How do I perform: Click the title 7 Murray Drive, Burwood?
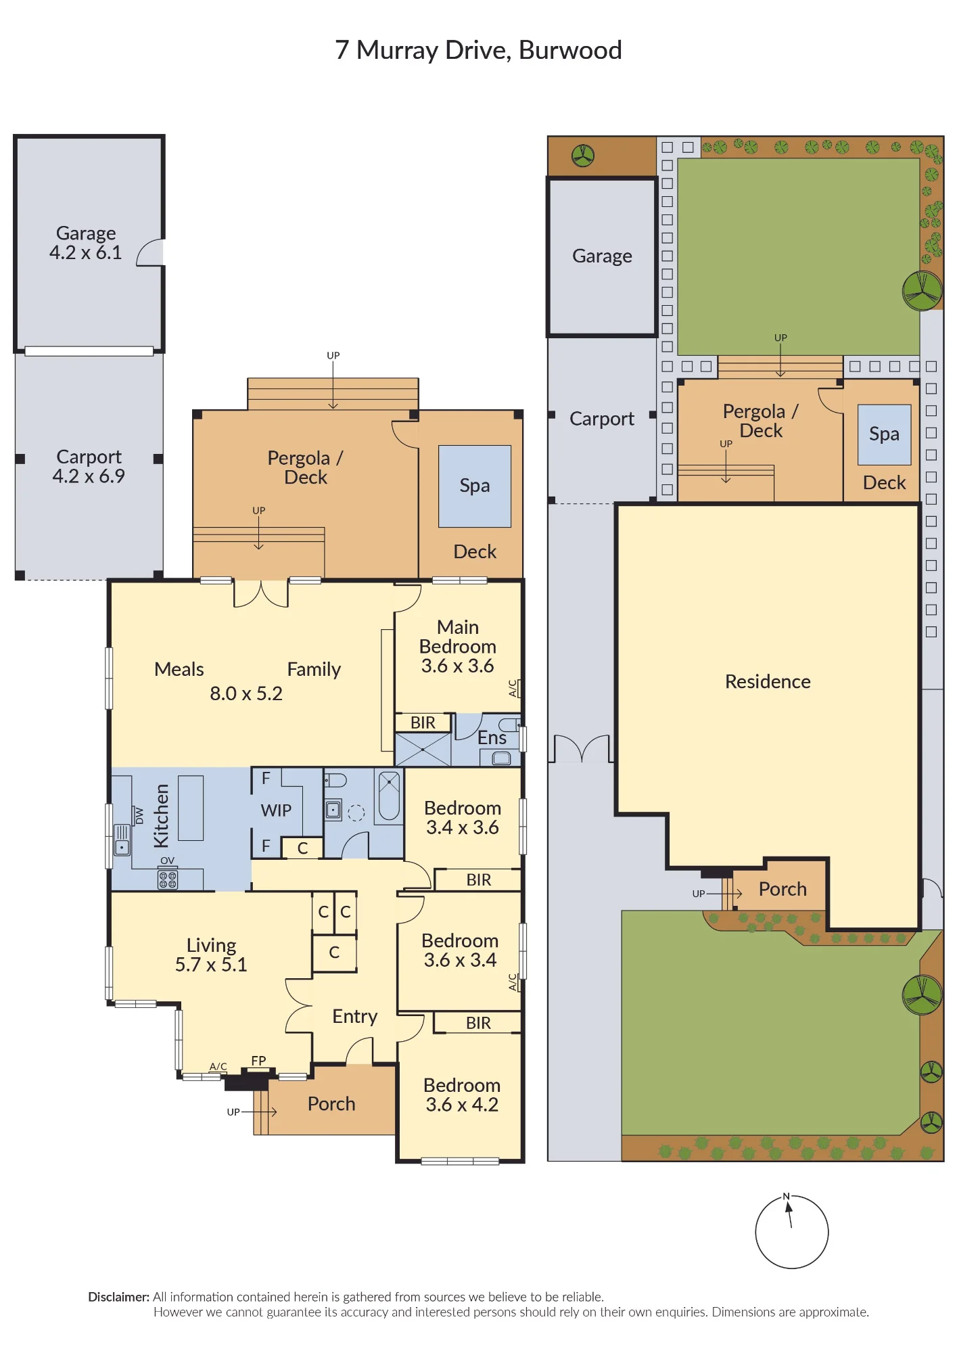tap(478, 50)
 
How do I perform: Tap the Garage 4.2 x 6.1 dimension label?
tap(86, 243)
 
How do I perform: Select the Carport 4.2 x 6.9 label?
tap(89, 466)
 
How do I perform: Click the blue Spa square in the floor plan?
tap(475, 486)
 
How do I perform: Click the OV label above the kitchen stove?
tap(167, 861)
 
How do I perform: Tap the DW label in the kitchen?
tap(139, 816)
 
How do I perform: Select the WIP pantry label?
tap(276, 810)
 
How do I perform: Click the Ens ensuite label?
tap(492, 738)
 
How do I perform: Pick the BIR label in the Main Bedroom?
tap(423, 723)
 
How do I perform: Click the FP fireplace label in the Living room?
tap(258, 1061)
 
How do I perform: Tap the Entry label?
tap(354, 1017)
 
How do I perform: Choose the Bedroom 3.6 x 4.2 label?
tap(462, 1095)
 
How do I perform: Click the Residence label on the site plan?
tap(768, 681)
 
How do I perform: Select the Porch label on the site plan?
tap(783, 889)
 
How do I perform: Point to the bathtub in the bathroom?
tap(389, 796)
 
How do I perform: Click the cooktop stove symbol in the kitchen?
tap(168, 879)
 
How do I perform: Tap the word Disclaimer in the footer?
tap(118, 1297)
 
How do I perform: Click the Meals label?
tap(179, 669)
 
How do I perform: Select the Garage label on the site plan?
tap(602, 256)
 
